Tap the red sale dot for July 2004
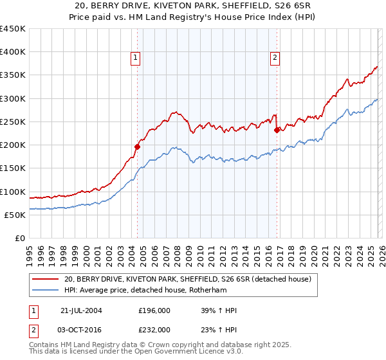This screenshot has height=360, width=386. coord(137,147)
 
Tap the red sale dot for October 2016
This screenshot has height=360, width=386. coord(277,130)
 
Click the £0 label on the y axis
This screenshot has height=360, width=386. coord(20,238)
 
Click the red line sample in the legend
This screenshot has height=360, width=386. coord(45,279)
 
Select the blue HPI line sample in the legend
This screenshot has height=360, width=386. coord(45,290)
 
